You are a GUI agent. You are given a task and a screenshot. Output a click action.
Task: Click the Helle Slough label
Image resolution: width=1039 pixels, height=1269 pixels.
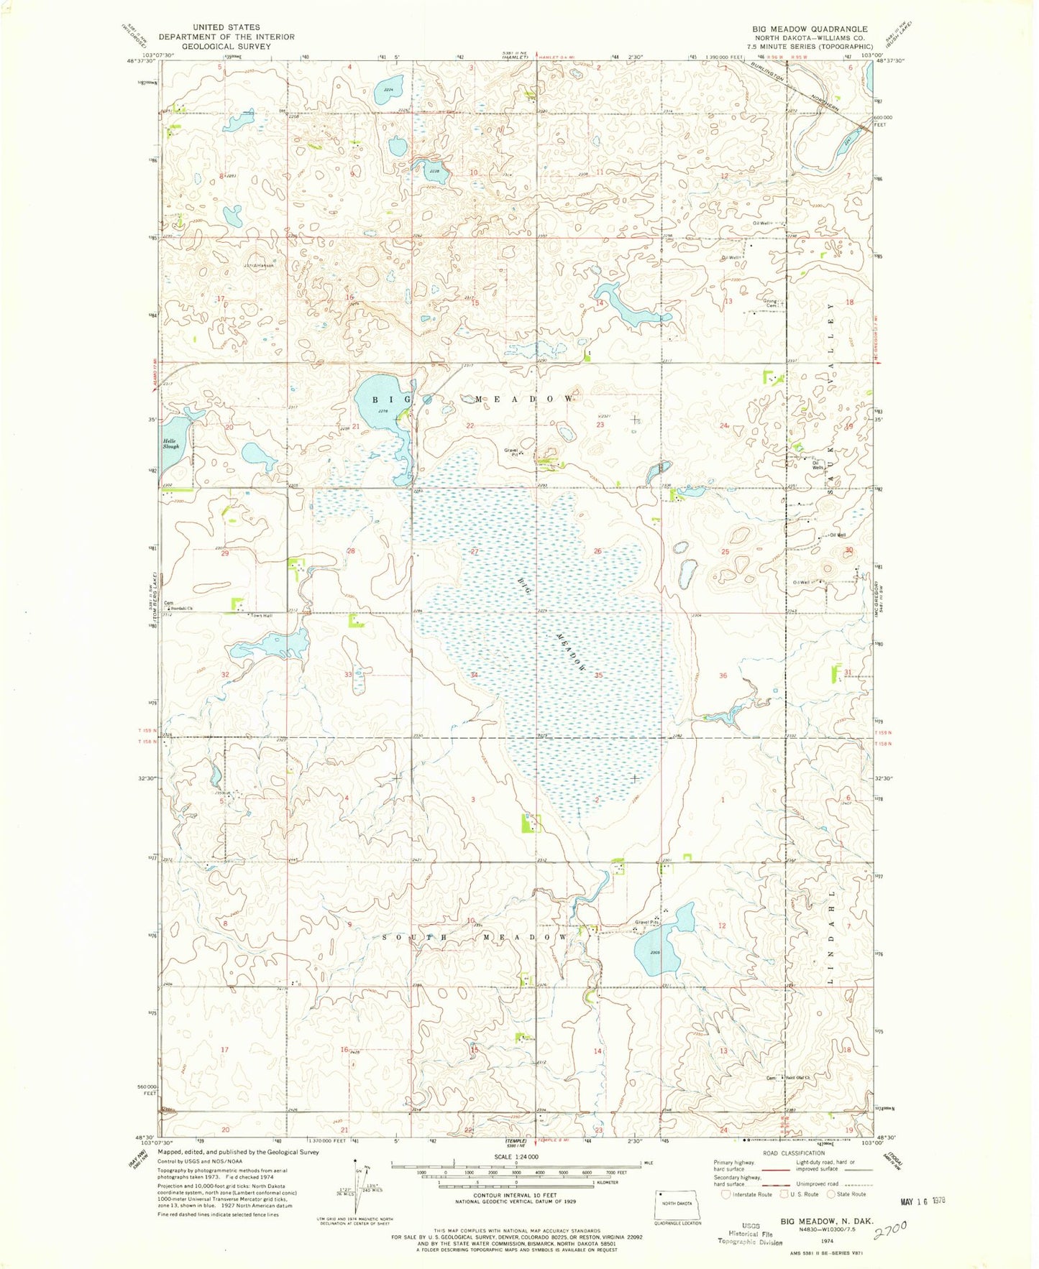(x=170, y=443)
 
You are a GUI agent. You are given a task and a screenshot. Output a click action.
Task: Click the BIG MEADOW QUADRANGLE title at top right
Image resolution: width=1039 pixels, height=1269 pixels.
(x=810, y=29)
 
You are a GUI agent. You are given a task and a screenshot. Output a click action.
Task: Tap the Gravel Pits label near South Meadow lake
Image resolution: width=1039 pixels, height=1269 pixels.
(x=646, y=922)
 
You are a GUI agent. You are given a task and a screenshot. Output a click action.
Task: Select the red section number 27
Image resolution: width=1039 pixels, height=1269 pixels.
(x=475, y=551)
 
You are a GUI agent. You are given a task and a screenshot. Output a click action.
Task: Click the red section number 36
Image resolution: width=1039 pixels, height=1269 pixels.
(x=723, y=675)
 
